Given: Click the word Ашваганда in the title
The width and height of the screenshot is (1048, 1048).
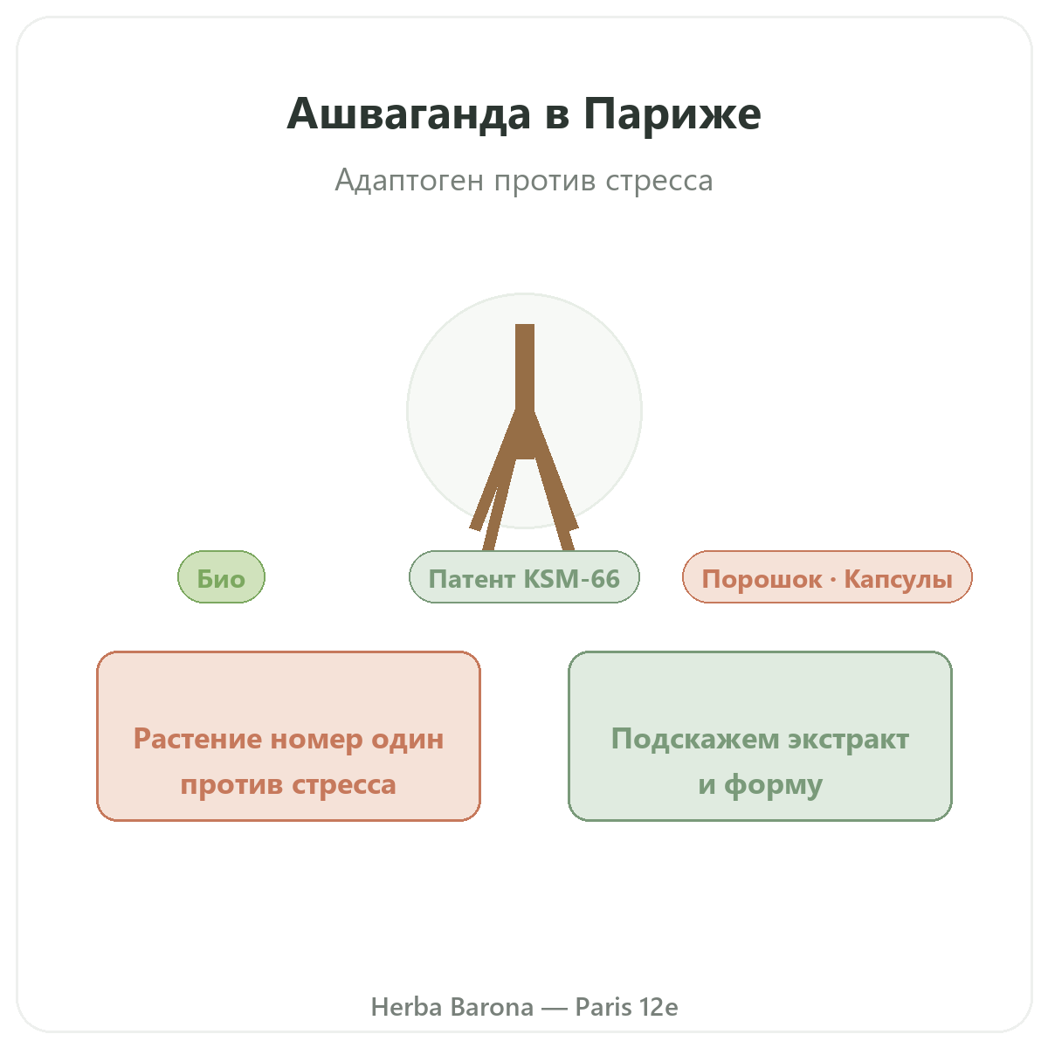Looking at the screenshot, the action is [409, 114].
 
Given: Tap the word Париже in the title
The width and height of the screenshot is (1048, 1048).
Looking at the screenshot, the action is [672, 114].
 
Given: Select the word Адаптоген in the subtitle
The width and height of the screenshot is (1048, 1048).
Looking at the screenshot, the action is [409, 181].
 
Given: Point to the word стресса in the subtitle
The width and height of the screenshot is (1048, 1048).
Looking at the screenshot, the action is [659, 181].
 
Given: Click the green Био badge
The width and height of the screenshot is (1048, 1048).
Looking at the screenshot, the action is [221, 576].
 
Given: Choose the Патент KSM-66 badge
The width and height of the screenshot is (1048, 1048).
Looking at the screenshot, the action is [524, 576].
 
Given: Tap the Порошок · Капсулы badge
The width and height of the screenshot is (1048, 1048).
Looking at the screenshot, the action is [827, 576].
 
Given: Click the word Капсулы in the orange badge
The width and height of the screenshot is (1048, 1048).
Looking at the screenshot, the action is [898, 579].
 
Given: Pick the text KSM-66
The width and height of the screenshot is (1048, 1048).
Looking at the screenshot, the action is [571, 579].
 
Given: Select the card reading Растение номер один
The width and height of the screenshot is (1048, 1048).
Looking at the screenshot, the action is [288, 736].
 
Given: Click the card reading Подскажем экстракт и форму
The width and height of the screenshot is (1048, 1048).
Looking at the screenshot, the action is [760, 736].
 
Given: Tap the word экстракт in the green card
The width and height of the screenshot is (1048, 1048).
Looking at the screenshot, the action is [848, 739].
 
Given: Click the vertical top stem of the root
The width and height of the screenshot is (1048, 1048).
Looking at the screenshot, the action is [525, 369].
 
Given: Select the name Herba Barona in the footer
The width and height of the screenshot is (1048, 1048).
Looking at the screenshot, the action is [452, 1007].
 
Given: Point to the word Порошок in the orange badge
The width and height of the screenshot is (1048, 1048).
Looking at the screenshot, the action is [762, 579].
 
